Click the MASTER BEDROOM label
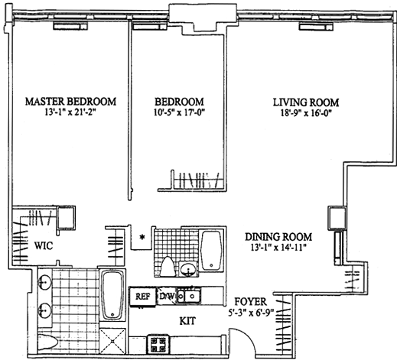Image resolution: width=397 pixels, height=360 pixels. (x=70, y=102)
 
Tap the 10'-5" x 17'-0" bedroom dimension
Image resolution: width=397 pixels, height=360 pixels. (x=180, y=112)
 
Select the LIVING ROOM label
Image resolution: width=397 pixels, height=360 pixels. (x=306, y=102)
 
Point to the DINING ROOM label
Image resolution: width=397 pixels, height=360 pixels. (x=278, y=237)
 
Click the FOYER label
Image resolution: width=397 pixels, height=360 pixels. (x=251, y=302)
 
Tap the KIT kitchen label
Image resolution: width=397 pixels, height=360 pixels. (x=187, y=321)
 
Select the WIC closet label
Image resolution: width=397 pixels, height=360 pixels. (x=44, y=246)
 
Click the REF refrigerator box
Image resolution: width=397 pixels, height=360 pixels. (x=142, y=297)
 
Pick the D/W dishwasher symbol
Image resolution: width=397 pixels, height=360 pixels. (x=167, y=296)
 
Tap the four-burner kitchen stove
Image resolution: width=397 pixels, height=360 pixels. (x=158, y=344)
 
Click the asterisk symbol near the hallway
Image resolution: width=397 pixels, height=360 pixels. (x=142, y=237)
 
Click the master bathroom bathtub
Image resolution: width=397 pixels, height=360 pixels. (x=112, y=295)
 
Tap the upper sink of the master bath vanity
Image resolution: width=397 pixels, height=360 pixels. (x=44, y=282)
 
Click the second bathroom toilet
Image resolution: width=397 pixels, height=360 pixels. (x=168, y=267)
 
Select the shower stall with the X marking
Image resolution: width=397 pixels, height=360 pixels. (x=112, y=341)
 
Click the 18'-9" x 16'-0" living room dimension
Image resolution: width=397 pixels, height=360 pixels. (x=306, y=113)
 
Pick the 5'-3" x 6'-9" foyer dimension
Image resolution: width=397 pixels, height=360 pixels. (x=251, y=313)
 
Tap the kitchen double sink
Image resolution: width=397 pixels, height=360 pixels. (x=189, y=296)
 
